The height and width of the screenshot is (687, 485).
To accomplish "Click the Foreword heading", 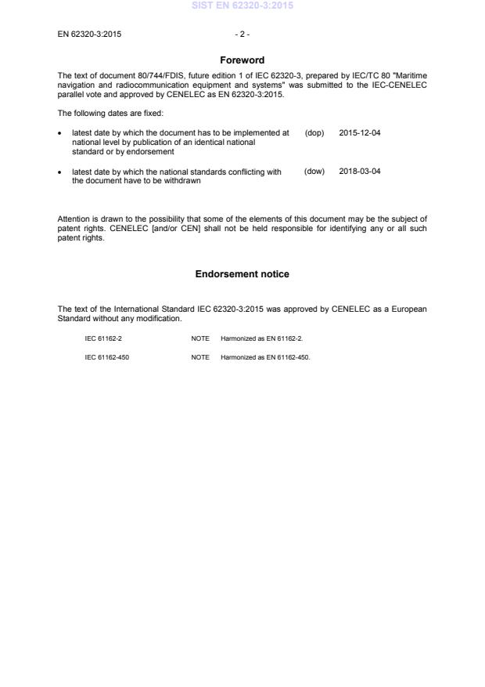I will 242,60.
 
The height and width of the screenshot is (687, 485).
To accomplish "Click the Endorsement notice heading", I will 242,274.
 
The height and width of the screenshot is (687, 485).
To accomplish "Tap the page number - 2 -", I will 242,34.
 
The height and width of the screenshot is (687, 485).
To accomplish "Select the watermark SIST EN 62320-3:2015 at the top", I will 242,5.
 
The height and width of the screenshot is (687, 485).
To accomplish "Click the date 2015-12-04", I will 360,133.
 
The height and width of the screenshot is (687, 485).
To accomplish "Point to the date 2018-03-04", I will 360,172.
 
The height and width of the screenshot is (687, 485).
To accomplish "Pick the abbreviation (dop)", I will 314,133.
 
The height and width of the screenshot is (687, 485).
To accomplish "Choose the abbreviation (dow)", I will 314,172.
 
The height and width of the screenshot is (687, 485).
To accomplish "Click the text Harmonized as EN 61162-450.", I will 257,357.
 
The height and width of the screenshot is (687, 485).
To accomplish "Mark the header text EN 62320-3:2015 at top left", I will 89,34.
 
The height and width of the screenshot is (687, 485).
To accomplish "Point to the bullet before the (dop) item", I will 61,134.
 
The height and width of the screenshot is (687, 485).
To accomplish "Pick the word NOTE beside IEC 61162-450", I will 199,357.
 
